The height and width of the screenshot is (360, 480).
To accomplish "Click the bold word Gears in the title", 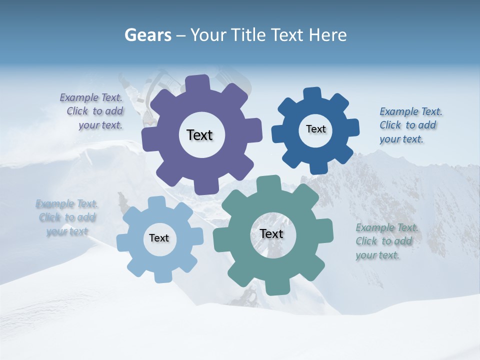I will coord(147,35).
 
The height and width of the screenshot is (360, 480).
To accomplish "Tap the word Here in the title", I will coord(327,35).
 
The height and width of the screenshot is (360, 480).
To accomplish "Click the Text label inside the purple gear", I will coord(199,135).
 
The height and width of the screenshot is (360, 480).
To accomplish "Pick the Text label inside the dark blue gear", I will coord(315,129).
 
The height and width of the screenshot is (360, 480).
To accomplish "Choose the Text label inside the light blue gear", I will coord(159,238).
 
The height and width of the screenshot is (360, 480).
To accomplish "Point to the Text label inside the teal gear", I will coord(271,233).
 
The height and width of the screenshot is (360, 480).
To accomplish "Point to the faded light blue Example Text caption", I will coord(67,217).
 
